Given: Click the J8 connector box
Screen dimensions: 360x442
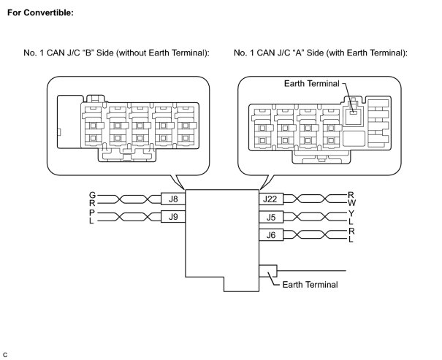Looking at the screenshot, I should pyautogui.click(x=173, y=199).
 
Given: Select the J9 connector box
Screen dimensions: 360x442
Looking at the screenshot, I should pyautogui.click(x=173, y=216).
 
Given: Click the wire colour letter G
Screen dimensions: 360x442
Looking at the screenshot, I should pyautogui.click(x=92, y=195).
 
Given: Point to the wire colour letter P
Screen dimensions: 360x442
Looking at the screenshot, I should pyautogui.click(x=92, y=212).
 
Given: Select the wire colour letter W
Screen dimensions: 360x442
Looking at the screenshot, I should pyautogui.click(x=351, y=202).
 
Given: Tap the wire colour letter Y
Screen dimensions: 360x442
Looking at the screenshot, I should pyautogui.click(x=351, y=212).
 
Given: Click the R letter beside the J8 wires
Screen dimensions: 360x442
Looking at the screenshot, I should pyautogui.click(x=92, y=203).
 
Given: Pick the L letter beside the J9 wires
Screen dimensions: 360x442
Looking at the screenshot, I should pyautogui.click(x=92, y=221).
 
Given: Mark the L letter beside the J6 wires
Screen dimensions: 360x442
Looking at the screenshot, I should pyautogui.click(x=351, y=239).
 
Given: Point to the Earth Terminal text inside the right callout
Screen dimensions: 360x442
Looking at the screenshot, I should pyautogui.click(x=312, y=84).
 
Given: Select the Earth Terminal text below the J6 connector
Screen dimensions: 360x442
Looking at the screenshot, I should pyautogui.click(x=310, y=285).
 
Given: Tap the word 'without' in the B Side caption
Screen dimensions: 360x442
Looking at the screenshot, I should pyautogui.click(x=145, y=53).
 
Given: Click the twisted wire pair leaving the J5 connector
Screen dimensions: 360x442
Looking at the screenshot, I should pyautogui.click(x=313, y=216).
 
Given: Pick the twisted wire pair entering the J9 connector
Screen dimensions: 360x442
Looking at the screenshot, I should pyautogui.click(x=129, y=216).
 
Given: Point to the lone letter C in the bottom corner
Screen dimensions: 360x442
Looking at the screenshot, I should pyautogui.click(x=6, y=354).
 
